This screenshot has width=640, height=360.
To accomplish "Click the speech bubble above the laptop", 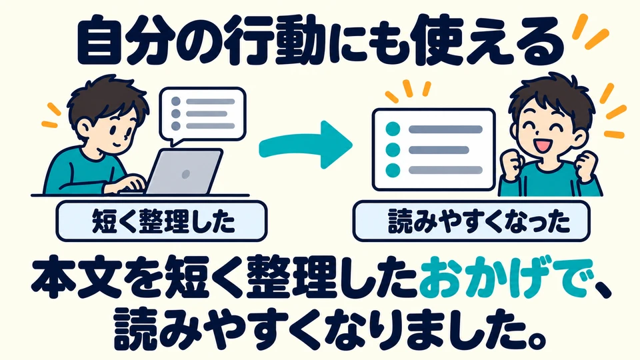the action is (203, 115).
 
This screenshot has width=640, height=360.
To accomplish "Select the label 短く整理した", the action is (161, 221).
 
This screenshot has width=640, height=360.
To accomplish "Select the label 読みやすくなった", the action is (471, 221).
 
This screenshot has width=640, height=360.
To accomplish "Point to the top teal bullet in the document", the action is (393, 129).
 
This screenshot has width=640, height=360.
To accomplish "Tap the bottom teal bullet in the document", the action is (393, 170).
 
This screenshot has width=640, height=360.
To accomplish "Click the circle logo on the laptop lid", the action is (185, 174).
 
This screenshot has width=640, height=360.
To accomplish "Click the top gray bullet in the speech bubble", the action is (176, 101).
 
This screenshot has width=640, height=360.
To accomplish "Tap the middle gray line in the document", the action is (439, 150).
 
